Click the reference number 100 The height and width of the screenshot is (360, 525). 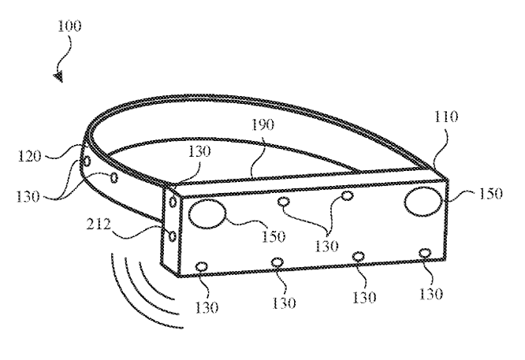coord(69,26)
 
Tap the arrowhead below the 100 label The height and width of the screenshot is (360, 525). coord(58,77)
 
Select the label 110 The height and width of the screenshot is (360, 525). coord(446,117)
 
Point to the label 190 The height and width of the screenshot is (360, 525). coord(262,124)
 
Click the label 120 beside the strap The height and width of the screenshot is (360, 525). coord(29,156)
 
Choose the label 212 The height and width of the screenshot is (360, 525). coord(99,224)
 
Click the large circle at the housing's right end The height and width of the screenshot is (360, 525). coord(423,200)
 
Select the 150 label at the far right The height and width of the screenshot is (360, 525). coord(490,194)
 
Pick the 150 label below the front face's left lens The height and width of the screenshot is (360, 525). coord(274,236)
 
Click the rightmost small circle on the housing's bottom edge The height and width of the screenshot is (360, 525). coord(425,253)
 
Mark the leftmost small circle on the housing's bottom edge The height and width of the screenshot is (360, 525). coord(202,267)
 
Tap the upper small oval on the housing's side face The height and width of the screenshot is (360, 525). coord(173,202)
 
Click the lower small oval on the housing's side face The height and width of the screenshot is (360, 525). coord(173,236)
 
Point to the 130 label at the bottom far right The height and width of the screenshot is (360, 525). coord(431,294)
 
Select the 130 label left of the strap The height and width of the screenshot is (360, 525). coord(28,196)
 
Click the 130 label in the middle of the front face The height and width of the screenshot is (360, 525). coord(326,247)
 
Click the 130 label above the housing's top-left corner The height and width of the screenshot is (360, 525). coord(199,151)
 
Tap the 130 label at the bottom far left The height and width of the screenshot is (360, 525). coord(207,307)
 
